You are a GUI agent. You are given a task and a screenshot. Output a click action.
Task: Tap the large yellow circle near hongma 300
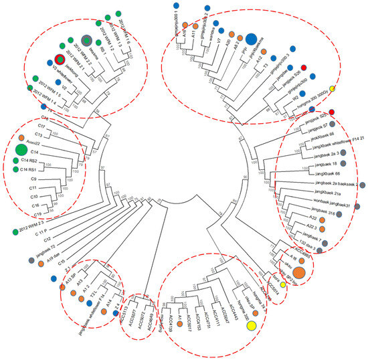[x=252, y=326]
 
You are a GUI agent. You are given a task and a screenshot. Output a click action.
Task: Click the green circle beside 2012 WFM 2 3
[x=15, y=232]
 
